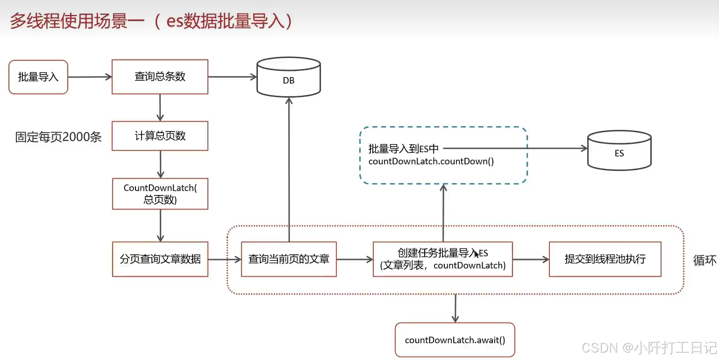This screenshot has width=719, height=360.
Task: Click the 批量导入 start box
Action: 38,77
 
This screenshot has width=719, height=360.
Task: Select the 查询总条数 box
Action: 160,77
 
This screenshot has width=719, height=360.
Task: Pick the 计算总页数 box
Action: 160,136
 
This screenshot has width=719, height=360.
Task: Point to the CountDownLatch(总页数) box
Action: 160,194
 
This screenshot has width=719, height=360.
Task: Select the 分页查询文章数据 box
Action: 160,259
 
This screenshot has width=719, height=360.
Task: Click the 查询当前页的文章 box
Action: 289,259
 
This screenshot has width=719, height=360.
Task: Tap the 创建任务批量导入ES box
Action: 442,259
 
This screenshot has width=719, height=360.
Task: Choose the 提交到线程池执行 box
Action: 605,259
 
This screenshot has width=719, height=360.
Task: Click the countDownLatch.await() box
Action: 455,340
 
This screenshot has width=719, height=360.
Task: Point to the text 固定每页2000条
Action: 58,137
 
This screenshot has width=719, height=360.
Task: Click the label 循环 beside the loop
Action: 705,260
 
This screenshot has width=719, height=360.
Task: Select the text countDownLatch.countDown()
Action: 431,162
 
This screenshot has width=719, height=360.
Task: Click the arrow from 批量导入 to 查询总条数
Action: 90,77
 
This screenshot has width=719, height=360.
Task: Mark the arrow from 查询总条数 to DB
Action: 232,77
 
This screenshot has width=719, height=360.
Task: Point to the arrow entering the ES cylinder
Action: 514,148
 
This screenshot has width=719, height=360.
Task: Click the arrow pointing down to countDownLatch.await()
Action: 455,308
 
